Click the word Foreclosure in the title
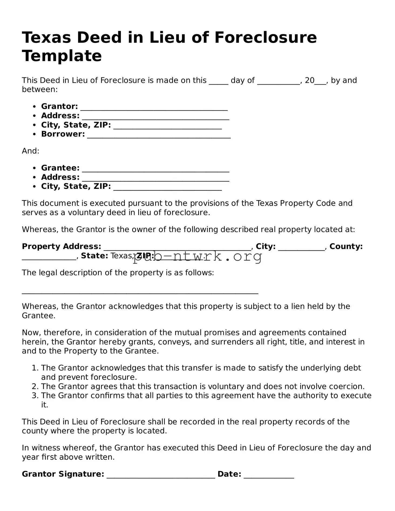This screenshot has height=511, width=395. (x=265, y=37)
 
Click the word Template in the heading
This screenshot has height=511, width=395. (x=62, y=56)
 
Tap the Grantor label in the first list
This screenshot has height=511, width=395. (x=59, y=106)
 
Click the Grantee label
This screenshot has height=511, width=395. (x=60, y=168)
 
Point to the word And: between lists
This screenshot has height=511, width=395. (x=30, y=151)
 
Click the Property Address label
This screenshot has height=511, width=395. (x=62, y=246)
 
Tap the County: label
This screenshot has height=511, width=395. (x=346, y=246)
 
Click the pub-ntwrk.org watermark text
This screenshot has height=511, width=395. (x=197, y=257)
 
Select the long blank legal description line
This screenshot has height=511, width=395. (x=140, y=292)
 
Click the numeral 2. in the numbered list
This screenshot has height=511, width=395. (x=35, y=386)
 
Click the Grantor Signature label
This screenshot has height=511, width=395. (x=63, y=474)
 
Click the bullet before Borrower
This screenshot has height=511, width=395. (x=34, y=134)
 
